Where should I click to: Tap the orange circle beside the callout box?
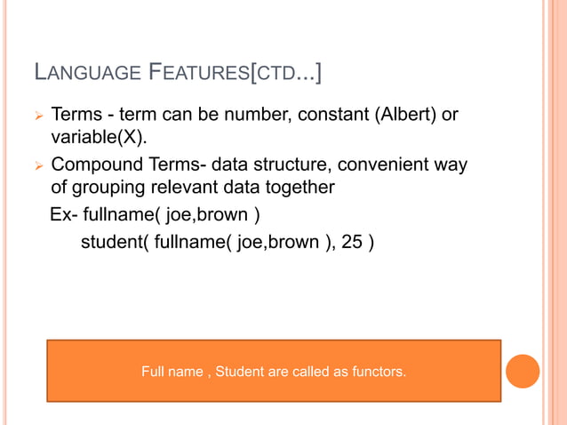pyautogui.click(x=523, y=371)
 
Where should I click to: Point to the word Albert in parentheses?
pyautogui.click(x=397, y=116)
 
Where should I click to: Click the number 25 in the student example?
pyautogui.click(x=353, y=241)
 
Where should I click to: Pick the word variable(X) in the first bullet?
pyautogui.click(x=96, y=140)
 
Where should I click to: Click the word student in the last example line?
pyautogui.click(x=110, y=241)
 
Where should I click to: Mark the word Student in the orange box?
pyautogui.click(x=242, y=371)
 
